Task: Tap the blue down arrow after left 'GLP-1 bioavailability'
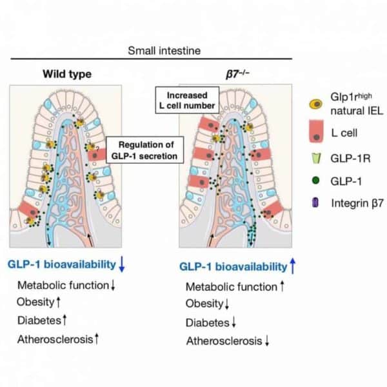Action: coord(122,264)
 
